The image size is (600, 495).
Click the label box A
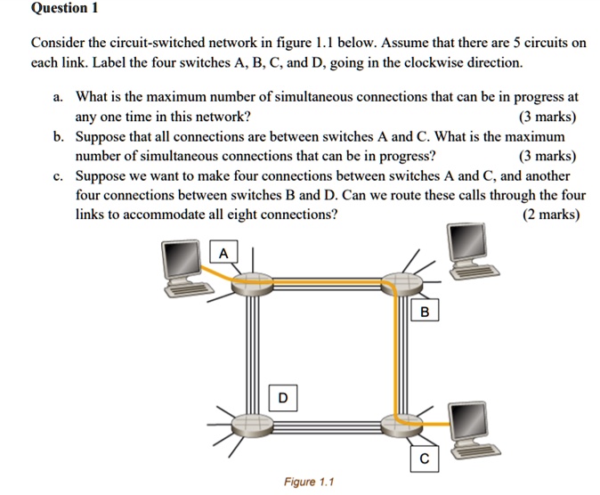click(x=223, y=255)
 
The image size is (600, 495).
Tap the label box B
click(x=425, y=312)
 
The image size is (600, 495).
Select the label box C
click(x=425, y=459)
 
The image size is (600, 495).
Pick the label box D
click(x=283, y=396)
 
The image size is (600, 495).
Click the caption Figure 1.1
click(x=309, y=483)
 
